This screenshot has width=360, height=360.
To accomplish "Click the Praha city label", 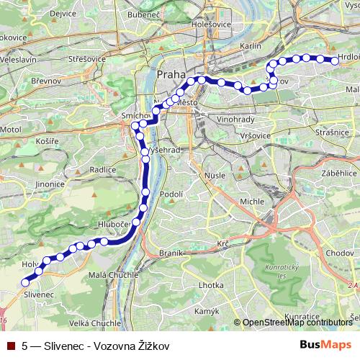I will coord(171,75).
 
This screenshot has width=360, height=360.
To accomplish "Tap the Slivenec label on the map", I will coord(37,295).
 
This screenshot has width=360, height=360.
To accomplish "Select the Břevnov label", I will coord(46,82).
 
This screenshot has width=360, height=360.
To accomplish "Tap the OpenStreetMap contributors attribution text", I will coord(297,323).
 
